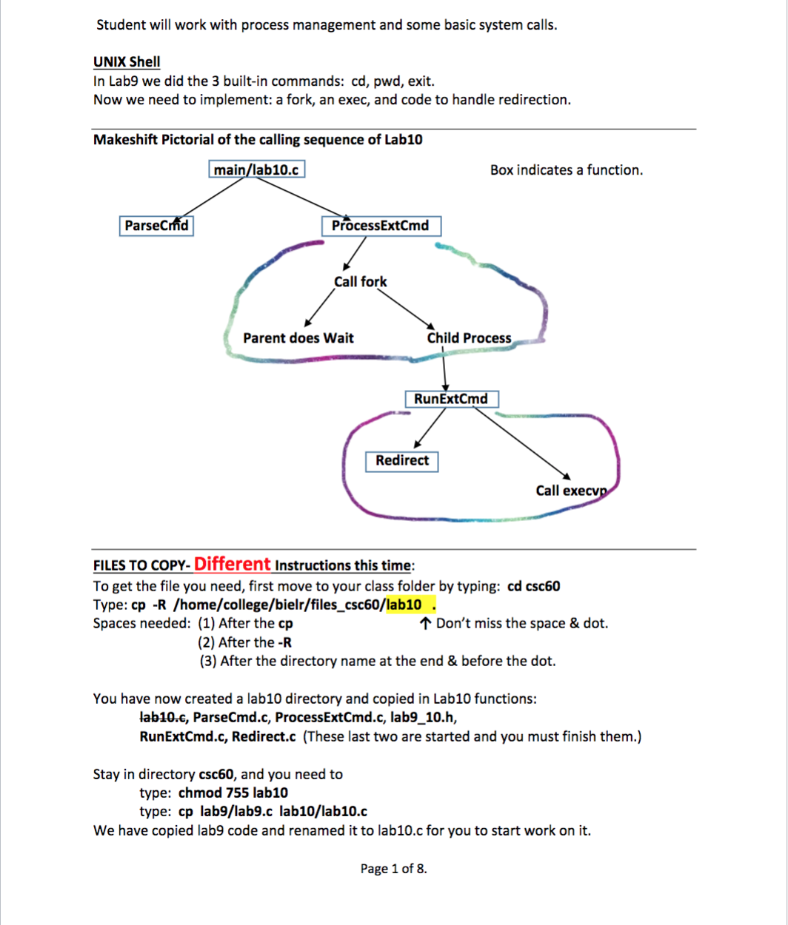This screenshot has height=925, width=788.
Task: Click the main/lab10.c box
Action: (256, 170)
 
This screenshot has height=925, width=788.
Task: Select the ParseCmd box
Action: (156, 226)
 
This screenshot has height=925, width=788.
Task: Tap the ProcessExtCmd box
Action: (381, 226)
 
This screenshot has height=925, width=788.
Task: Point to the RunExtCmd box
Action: (450, 400)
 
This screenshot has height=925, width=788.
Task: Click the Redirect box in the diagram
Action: (402, 460)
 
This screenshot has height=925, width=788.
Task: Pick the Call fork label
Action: (360, 282)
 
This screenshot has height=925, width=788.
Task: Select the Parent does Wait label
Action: (298, 338)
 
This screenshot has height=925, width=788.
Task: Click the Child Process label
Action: (469, 338)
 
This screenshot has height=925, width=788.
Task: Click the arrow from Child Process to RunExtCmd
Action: (444, 370)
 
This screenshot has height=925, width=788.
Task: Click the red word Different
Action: (232, 564)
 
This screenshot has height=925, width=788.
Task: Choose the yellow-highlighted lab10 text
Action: (404, 604)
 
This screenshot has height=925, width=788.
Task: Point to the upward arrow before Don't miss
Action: (425, 623)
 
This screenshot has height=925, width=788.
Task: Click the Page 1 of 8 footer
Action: (393, 869)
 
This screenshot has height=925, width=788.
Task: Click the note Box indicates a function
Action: (567, 170)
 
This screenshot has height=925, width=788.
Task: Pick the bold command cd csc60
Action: (534, 586)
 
